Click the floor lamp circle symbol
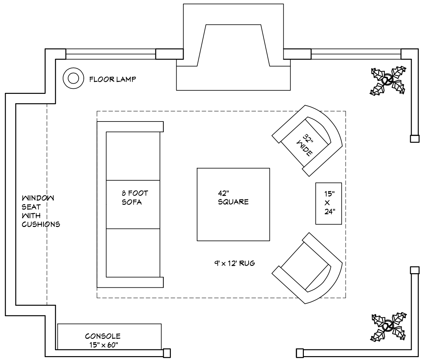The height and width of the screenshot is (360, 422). coord(74,78)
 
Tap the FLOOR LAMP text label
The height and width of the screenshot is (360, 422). coord(112,79)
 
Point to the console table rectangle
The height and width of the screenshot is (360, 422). coord(109,336)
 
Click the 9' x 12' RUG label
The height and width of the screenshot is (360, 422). coord(235,263)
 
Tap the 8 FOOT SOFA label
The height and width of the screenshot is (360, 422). coord(135,198)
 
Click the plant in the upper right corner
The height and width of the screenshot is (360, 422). coord(388,80)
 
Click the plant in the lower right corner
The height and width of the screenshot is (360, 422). coord(388,326)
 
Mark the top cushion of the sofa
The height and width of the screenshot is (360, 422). coord(133,156)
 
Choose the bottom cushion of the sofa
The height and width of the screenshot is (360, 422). coord(133,252)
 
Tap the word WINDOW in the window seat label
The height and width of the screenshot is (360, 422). coord(38,198)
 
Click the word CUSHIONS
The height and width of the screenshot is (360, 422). coord(41,224)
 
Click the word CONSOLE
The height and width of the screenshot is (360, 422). coord(103,336)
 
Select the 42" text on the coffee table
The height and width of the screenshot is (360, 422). coord(223,194)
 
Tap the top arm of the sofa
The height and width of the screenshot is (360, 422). coord(130,126)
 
